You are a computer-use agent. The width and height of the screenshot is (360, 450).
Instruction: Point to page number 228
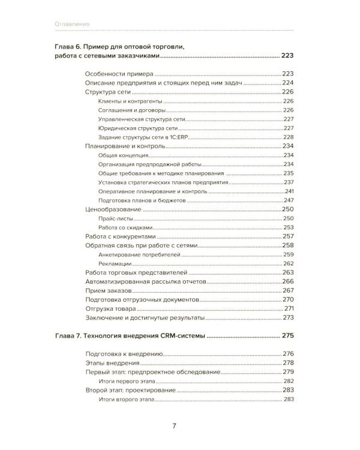click(x=291, y=137)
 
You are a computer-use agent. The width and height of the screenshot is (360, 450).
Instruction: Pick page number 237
click(x=291, y=182)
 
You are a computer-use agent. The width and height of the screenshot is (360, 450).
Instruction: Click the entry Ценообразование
click(x=113, y=209)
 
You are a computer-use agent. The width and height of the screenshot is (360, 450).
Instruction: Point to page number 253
click(x=291, y=228)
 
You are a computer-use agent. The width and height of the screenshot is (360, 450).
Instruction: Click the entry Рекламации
click(x=113, y=264)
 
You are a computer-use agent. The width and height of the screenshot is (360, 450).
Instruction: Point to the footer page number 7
click(x=174, y=427)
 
